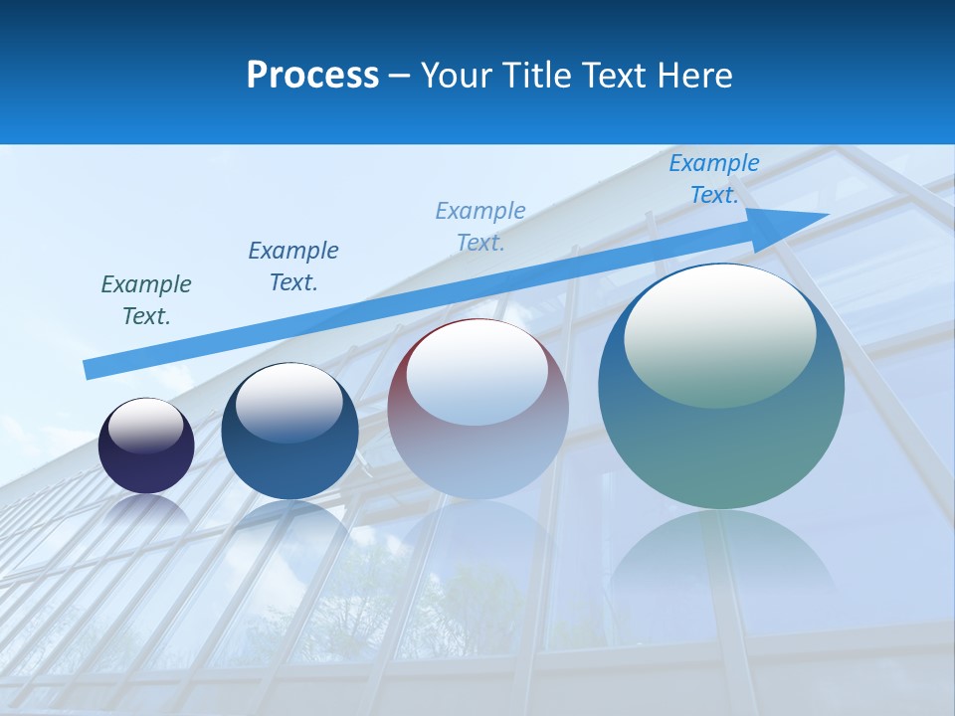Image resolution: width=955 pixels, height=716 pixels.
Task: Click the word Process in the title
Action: point(312,76)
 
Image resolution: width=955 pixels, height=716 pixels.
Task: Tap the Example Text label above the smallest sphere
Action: point(146,300)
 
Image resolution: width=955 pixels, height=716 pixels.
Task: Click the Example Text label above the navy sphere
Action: point(293,267)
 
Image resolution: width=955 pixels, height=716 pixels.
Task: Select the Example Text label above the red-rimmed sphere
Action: point(480,226)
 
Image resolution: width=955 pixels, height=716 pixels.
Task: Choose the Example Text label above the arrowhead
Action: point(714,179)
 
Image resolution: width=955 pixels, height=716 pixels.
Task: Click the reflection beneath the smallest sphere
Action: point(146,512)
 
